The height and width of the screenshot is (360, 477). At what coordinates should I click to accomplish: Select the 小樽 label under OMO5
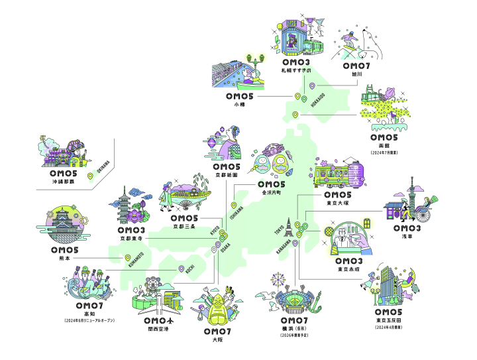[240, 105]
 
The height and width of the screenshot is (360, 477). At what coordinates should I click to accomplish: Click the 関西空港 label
[158, 329]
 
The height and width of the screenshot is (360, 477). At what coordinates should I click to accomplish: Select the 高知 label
[89, 314]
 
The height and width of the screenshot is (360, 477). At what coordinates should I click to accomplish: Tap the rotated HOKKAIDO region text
[317, 101]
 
